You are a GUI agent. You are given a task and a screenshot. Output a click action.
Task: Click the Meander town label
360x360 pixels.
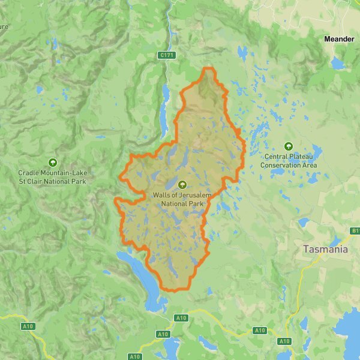[x=339, y=39]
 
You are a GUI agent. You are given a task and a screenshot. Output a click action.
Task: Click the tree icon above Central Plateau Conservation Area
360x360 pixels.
[x=289, y=146]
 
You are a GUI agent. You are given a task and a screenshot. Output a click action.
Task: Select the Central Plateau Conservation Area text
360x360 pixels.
[x=289, y=161]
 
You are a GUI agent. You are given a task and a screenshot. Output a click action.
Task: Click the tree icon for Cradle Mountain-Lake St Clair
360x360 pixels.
[x=52, y=162]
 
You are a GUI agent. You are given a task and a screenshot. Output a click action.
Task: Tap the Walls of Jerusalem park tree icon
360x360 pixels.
[x=182, y=184]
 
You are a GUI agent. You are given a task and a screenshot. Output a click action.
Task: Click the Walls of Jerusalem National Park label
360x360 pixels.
[x=182, y=199]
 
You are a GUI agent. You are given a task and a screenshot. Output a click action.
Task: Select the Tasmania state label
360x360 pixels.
[x=325, y=249]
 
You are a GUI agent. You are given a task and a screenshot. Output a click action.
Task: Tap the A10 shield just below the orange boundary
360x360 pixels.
[x=181, y=317]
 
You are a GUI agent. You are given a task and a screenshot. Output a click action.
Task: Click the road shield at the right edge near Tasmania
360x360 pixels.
[x=355, y=230]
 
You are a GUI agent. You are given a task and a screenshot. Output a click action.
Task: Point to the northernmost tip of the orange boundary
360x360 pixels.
[x=208, y=68]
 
